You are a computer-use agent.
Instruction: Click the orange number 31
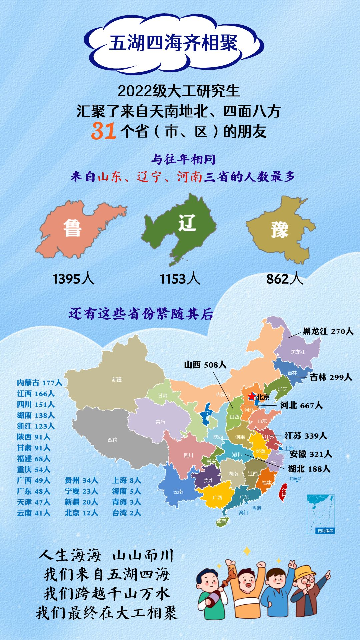(103, 131)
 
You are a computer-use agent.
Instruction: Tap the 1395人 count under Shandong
(73, 279)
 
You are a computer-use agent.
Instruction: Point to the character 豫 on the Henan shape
(279, 230)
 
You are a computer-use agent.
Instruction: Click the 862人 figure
(284, 279)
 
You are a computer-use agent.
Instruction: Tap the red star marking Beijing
(252, 396)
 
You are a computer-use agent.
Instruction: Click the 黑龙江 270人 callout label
(328, 331)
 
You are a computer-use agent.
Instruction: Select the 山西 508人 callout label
(205, 365)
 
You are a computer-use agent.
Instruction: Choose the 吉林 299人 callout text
(331, 377)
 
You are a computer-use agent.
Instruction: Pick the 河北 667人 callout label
(301, 405)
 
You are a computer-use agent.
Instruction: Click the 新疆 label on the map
(117, 379)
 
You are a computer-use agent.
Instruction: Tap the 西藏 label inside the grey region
(112, 440)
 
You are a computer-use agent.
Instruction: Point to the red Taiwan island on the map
(283, 492)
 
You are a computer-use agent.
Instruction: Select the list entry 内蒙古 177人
(39, 383)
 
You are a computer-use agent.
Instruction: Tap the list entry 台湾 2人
(126, 513)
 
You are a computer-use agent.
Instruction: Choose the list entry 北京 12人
(81, 513)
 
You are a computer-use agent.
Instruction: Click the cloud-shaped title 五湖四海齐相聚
(173, 43)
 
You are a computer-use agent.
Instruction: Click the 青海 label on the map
(160, 422)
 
